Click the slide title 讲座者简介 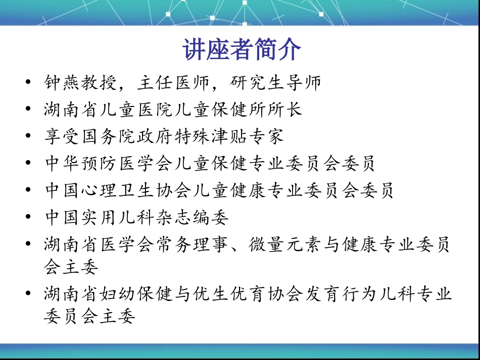click(x=242, y=50)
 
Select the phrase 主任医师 click(x=174, y=82)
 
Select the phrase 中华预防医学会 click(x=109, y=163)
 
